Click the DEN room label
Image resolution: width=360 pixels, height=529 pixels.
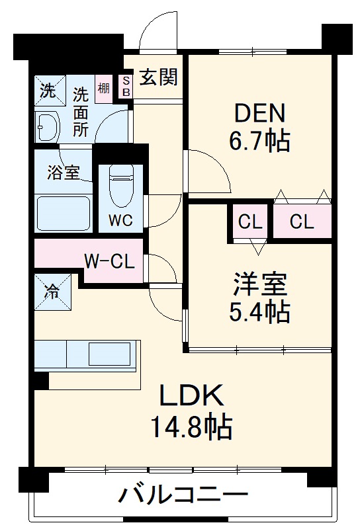pos(260,113)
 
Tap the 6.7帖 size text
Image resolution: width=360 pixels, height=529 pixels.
pos(260,141)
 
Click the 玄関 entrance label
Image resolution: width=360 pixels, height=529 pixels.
pos(158,78)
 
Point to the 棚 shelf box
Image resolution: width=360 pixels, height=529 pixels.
pos(104,88)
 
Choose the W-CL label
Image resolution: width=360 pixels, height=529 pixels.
pos(109,261)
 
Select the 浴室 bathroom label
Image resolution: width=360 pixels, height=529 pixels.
pos(64,173)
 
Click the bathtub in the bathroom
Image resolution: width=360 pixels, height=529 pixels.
pos(63,213)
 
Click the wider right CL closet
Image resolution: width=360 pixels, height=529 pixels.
pos(301,222)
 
